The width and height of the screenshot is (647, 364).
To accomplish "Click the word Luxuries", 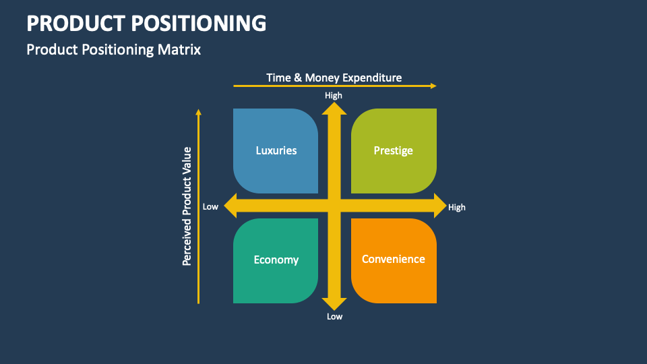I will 276,150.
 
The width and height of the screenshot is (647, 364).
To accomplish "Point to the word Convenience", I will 394,259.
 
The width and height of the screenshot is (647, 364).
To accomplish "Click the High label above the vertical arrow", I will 334,96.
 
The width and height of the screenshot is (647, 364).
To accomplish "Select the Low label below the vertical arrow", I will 335,317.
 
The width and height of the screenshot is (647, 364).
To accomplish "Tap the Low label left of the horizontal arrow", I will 211,207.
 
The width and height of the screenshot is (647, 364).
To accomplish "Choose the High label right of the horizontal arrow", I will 457,208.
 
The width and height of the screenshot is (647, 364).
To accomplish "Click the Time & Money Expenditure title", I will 334,78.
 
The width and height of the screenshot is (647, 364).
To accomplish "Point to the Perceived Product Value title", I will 188,206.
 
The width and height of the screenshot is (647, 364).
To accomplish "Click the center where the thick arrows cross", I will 334,206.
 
